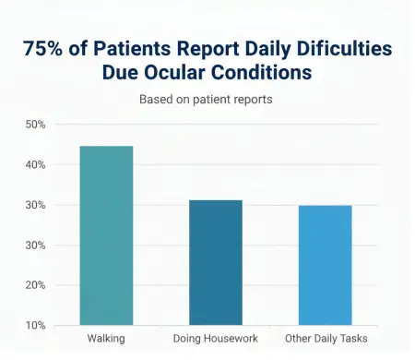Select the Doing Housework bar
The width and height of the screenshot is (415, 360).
pos(215,262)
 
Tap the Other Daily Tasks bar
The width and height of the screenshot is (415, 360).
pos(324,265)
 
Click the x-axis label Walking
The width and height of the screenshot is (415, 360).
pos(106,339)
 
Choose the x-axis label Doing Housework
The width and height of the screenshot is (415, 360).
pos(215,339)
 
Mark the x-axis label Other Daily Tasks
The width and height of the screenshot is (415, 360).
pos(324,339)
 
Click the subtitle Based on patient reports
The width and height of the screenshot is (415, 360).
pos(207,99)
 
